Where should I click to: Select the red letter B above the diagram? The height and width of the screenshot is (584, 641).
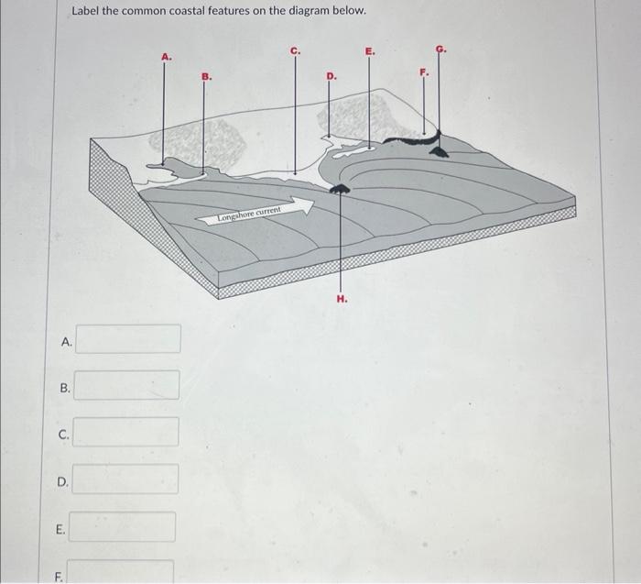[x=205, y=78]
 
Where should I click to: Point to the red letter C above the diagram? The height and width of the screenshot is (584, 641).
[x=295, y=50]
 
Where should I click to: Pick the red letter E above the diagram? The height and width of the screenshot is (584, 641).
[x=369, y=51]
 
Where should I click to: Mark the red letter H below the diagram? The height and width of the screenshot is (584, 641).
[x=342, y=298]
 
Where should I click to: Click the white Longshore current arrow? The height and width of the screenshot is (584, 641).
[x=261, y=214]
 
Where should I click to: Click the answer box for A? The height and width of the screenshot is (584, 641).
[x=128, y=338]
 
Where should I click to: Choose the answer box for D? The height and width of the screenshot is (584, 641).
[x=125, y=479]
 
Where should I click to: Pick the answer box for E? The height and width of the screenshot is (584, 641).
[x=124, y=527]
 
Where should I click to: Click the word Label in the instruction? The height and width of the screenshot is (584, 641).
[x=88, y=12]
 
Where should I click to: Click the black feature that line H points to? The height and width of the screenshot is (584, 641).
[x=340, y=189]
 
